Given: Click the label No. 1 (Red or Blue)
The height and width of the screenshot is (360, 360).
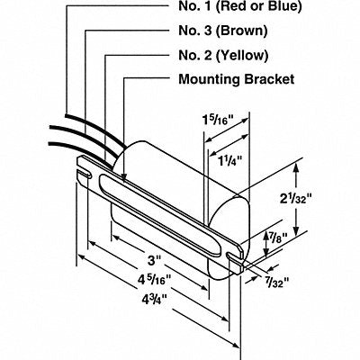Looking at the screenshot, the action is click(240, 6).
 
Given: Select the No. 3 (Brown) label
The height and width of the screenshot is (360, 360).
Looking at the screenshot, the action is click(223, 31).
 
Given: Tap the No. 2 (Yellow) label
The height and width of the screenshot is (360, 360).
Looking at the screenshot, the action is click(223, 55).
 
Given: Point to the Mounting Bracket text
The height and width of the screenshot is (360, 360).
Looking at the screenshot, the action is click(237, 79).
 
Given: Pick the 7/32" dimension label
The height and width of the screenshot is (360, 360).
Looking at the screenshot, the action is click(277, 282).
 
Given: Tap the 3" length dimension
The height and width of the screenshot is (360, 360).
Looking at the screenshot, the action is click(154, 260).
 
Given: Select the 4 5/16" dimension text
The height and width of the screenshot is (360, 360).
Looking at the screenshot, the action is click(154, 280).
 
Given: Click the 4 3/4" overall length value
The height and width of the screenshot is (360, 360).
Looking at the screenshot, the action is click(154, 300).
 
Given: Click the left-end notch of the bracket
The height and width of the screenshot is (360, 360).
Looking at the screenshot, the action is click(85, 174).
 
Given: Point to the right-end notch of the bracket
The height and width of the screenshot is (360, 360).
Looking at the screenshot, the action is click(235, 256).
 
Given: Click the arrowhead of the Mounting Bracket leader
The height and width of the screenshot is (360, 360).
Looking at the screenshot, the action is click(123, 177).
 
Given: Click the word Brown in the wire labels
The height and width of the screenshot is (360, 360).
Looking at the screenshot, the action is click(243, 31).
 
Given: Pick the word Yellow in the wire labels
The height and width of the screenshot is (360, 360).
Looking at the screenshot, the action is click(242, 55).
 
